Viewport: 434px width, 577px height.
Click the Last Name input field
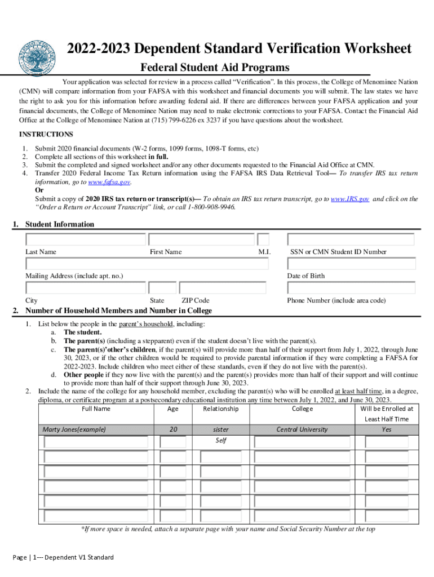[x=85, y=239]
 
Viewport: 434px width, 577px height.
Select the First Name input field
[x=201, y=239]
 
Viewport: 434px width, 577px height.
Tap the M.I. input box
[x=263, y=239]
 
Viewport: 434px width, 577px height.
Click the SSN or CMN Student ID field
[x=351, y=239]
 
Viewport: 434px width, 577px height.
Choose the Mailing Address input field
[x=153, y=264]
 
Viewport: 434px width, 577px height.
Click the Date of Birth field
[x=351, y=264]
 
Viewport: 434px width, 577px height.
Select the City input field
[x=85, y=288]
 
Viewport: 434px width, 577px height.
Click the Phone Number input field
[x=351, y=288]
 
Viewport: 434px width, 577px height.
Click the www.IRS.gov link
[x=350, y=199]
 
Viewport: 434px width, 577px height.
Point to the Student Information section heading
[x=60, y=224]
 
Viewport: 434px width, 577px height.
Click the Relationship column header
[x=221, y=409]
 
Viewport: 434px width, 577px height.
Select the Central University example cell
[x=302, y=429]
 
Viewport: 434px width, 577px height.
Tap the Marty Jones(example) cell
[x=74, y=429]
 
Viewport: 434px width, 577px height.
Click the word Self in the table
[x=221, y=440]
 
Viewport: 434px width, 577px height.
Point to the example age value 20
[x=173, y=429]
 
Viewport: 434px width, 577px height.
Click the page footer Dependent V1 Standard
[x=63, y=557]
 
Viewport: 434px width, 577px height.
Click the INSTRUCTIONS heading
[x=46, y=134]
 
